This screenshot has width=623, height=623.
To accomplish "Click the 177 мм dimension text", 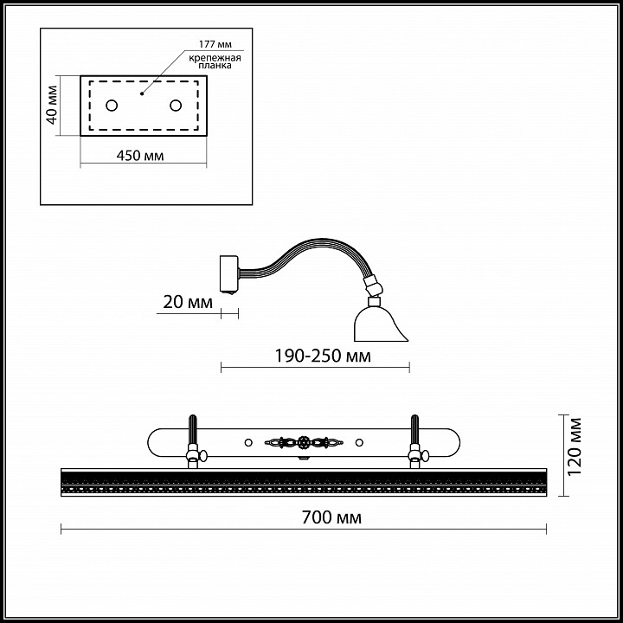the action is (x=215, y=44).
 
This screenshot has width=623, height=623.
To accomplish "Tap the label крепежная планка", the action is (x=215, y=61).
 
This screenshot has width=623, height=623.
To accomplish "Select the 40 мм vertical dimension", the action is (x=53, y=105).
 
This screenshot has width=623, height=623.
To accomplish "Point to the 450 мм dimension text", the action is (x=140, y=156).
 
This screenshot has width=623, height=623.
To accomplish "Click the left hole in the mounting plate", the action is (x=112, y=106).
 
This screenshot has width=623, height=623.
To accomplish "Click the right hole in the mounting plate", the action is (x=176, y=106).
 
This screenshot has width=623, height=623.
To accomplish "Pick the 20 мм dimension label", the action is (x=188, y=302).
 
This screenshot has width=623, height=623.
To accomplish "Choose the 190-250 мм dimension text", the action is (x=323, y=356).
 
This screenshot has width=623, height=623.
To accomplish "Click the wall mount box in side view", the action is (x=228, y=273).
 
